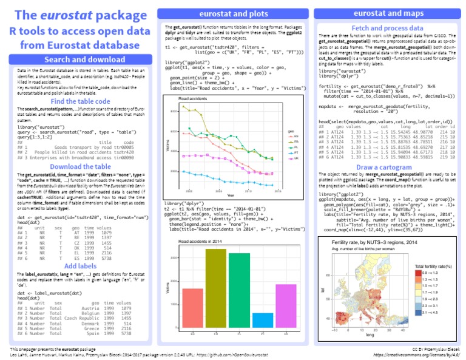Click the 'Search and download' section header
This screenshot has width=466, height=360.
tap(79, 59)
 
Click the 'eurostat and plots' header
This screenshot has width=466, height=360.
tap(233, 15)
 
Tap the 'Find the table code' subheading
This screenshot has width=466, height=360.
tap(79, 101)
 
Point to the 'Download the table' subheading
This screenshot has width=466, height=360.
tap(79, 166)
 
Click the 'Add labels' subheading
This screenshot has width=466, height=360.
tap(79, 266)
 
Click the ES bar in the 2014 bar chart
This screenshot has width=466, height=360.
tap(192, 310)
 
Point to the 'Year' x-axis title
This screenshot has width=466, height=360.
tap(231, 195)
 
